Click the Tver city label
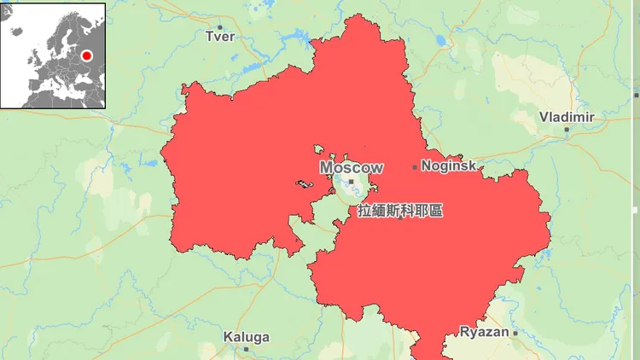pyautogui.click(x=219, y=36)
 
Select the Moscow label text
pyautogui.click(x=352, y=168)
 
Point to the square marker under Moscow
pyautogui.click(x=351, y=181)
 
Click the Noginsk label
pyautogui.click(x=449, y=166)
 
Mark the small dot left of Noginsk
pyautogui.click(x=416, y=167)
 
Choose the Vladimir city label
pyautogui.click(x=567, y=116)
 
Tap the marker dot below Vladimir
pyautogui.click(x=567, y=131)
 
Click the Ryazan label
pyautogui.click(x=484, y=331)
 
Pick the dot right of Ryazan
pyautogui.click(x=515, y=332)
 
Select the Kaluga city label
pyautogui.click(x=246, y=337)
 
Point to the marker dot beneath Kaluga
pyautogui.click(x=246, y=349)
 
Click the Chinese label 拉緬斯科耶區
pyautogui.click(x=400, y=210)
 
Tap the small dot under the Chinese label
pyautogui.click(x=400, y=219)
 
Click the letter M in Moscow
pyautogui.click(x=327, y=168)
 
